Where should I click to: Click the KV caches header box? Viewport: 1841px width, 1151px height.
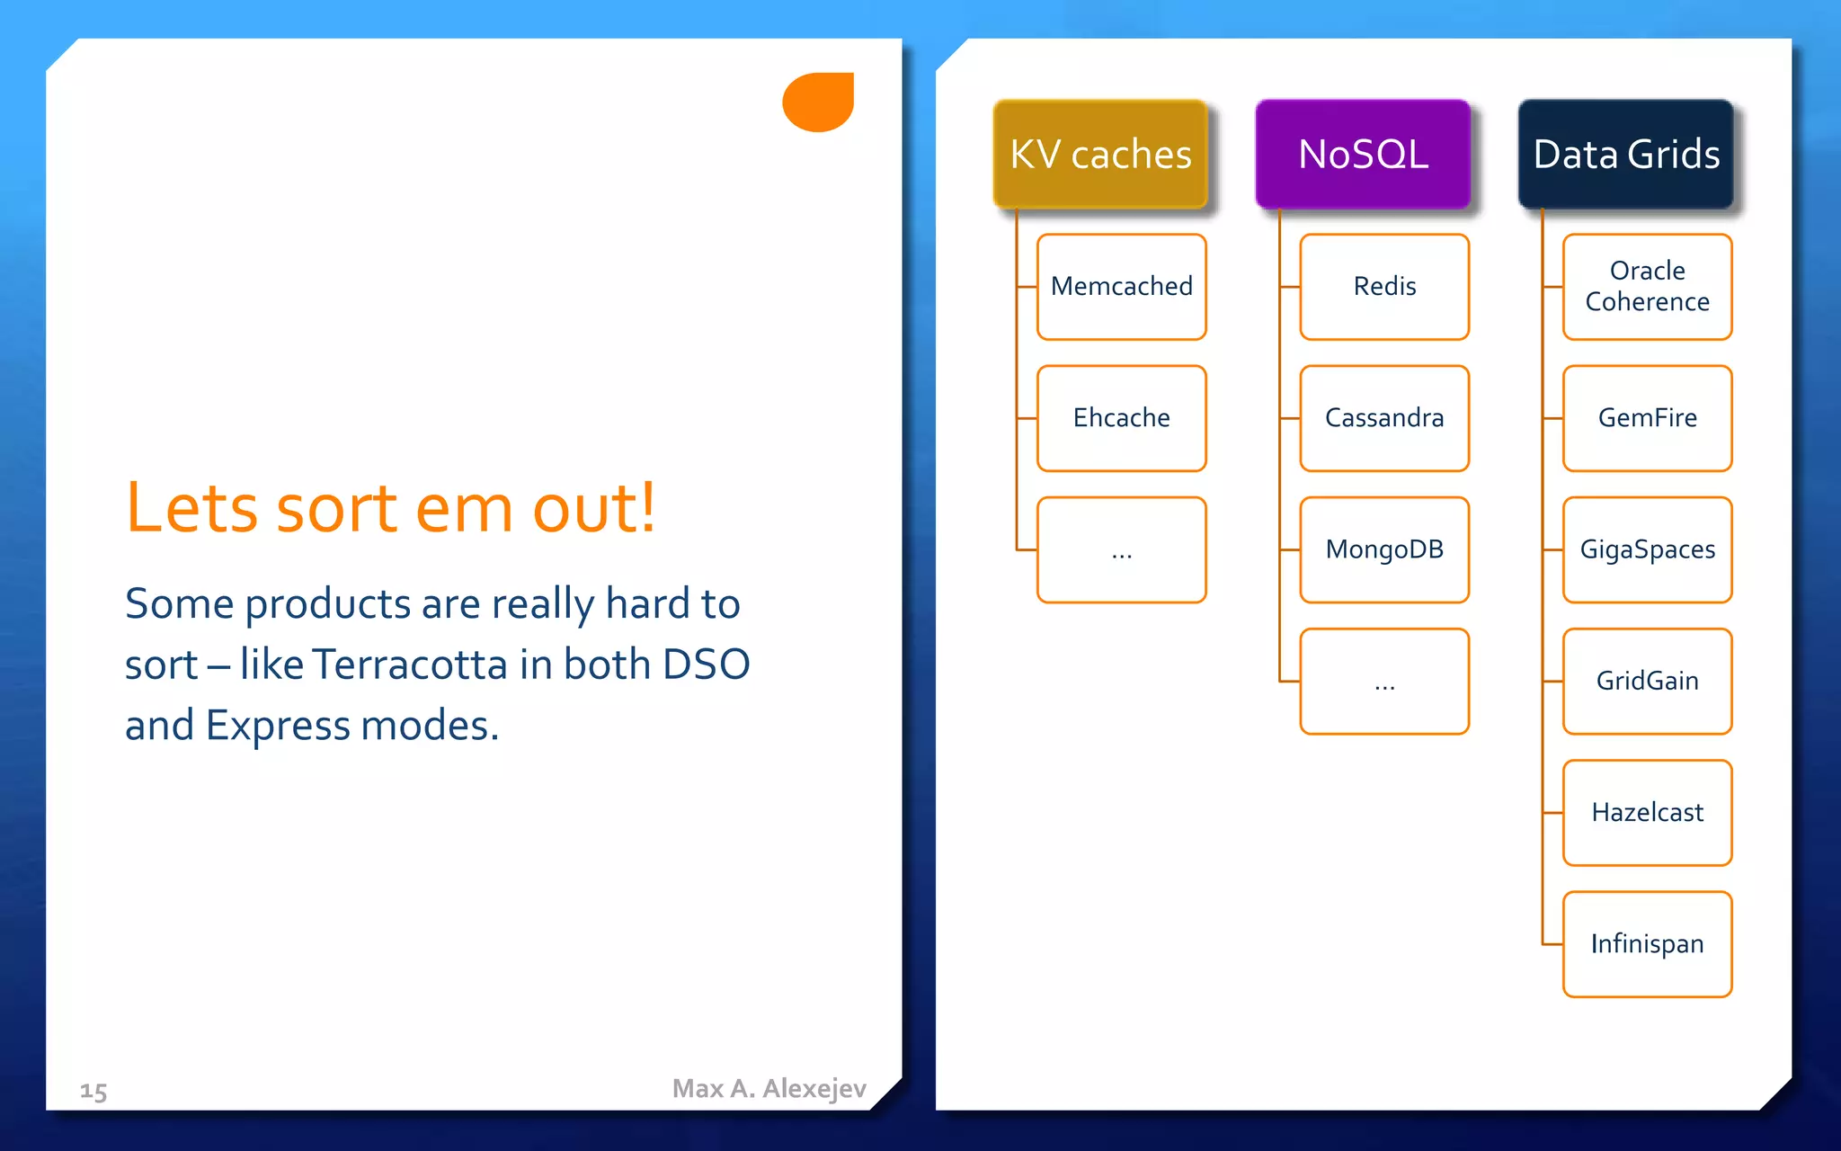pyautogui.click(x=1100, y=154)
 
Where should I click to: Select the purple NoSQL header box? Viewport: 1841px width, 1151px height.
pyautogui.click(x=1363, y=154)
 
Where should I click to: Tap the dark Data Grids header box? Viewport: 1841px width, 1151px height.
pyautogui.click(x=1625, y=154)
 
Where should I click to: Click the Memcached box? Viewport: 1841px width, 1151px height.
pyautogui.click(x=1121, y=287)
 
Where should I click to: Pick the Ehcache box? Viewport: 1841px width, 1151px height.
pyautogui.click(x=1121, y=418)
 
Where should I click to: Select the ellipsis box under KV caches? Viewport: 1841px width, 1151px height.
pyautogui.click(x=1121, y=549)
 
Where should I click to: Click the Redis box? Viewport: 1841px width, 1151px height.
pyautogui.click(x=1384, y=287)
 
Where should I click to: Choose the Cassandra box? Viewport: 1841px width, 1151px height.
pyautogui.click(x=1384, y=418)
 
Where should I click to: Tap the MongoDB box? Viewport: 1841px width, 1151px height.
pyautogui.click(x=1384, y=549)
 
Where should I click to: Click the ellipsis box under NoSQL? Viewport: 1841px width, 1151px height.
pyautogui.click(x=1384, y=681)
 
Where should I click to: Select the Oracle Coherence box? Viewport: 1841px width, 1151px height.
pyautogui.click(x=1647, y=287)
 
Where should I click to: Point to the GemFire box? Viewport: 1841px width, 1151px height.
pyautogui.click(x=1647, y=418)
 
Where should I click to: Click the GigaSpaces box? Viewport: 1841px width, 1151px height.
pyautogui.click(x=1647, y=549)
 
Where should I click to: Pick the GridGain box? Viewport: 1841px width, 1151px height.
pyautogui.click(x=1647, y=681)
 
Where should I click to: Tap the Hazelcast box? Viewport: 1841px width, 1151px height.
pyautogui.click(x=1647, y=812)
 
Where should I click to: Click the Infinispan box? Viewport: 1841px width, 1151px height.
pyautogui.click(x=1647, y=944)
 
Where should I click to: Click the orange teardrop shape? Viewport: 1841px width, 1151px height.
pyautogui.click(x=818, y=103)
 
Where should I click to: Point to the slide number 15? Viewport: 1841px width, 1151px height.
pyautogui.click(x=93, y=1092)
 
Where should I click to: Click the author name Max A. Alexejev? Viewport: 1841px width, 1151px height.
pyautogui.click(x=769, y=1088)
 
